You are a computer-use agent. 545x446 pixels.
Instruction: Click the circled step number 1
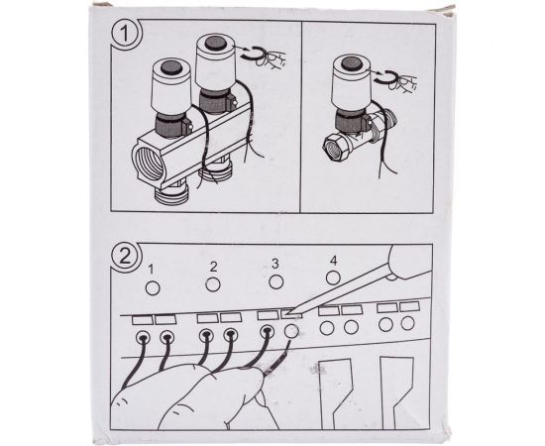click(x=125, y=34)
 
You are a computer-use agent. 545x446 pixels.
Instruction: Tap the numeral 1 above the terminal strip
click(x=151, y=270)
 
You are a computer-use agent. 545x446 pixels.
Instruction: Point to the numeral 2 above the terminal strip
click(x=213, y=267)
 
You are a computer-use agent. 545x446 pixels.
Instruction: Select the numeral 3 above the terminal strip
click(x=275, y=264)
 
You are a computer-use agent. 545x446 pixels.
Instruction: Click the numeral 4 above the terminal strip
click(x=334, y=261)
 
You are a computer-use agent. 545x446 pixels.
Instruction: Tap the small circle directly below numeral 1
click(x=153, y=288)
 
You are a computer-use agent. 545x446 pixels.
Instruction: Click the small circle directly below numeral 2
click(x=213, y=284)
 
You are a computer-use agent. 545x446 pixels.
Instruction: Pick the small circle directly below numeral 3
click(x=276, y=281)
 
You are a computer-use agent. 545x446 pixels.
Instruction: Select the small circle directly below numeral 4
click(x=333, y=278)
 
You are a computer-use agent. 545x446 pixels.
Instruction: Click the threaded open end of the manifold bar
click(x=149, y=163)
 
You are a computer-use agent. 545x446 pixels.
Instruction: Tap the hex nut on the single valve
click(x=337, y=147)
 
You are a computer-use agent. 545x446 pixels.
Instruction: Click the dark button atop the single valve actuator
click(x=352, y=64)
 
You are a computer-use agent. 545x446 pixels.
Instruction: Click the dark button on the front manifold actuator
click(x=171, y=67)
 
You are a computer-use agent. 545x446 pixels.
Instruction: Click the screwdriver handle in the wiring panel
click(x=410, y=262)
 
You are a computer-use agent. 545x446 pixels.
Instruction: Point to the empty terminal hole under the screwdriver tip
click(x=291, y=331)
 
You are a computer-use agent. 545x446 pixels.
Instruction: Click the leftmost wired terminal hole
click(x=143, y=338)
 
